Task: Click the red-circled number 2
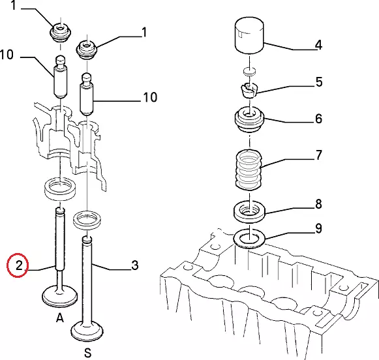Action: click(19, 266)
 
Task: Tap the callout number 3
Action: click(134, 265)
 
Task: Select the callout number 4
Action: click(318, 45)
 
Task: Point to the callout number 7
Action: click(319, 155)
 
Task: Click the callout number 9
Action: click(318, 228)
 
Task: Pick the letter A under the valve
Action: click(60, 318)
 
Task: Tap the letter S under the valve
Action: click(88, 353)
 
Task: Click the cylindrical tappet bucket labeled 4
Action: click(249, 35)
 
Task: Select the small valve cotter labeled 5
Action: click(249, 90)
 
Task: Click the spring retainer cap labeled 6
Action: click(249, 120)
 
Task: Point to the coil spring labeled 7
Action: click(249, 170)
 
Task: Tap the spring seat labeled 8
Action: click(249, 211)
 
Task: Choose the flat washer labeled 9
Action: click(249, 239)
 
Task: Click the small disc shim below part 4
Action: click(249, 72)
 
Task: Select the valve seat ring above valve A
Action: click(60, 189)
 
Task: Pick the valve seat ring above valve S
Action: click(87, 220)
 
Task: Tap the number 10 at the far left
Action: click(7, 55)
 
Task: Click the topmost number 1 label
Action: click(14, 5)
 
